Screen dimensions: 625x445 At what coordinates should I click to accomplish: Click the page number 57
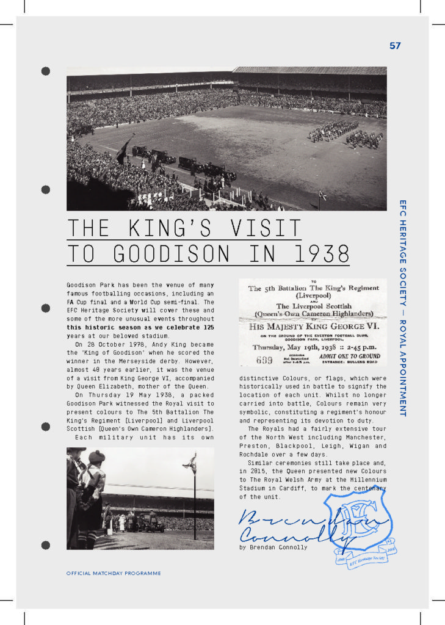395,46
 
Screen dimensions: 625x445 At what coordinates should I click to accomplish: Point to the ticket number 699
264,360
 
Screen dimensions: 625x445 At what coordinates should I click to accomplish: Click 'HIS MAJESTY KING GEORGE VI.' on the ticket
312,327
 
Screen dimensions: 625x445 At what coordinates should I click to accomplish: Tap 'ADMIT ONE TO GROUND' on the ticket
350,356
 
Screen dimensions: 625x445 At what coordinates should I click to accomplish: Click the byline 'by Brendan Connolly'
273,547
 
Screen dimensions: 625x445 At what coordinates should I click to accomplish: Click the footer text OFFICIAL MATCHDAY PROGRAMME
114,573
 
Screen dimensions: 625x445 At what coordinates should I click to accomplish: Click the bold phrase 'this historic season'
106,327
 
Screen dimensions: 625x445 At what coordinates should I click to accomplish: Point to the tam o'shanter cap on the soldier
96,456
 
